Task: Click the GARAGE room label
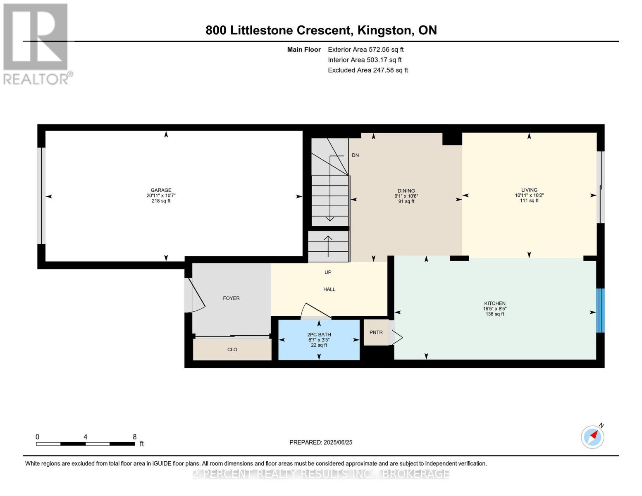point(161,190)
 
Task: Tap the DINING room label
point(406,191)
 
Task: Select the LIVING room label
point(529,190)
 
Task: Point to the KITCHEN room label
point(494,303)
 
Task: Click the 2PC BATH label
point(319,334)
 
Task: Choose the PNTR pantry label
point(376,332)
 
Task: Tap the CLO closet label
point(232,350)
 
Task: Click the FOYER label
point(231,298)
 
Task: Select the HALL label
point(329,289)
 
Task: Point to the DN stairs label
point(355,155)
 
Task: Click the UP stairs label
point(328,272)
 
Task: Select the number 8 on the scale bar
point(134,437)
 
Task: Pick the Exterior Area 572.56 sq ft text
point(365,50)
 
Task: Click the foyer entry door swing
point(194,295)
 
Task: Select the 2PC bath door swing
point(315,311)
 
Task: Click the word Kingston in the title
point(384,31)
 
